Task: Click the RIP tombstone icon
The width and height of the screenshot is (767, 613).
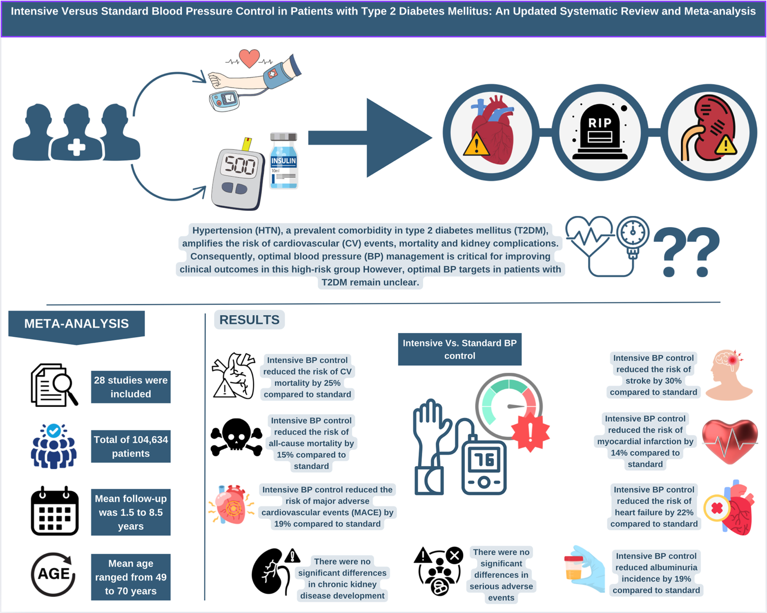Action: tap(600, 132)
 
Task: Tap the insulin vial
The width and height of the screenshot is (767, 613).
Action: tap(283, 161)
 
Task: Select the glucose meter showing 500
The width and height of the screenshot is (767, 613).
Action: tap(238, 178)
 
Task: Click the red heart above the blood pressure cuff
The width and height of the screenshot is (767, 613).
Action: tap(249, 58)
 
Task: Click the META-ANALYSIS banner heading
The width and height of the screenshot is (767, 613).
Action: tap(77, 324)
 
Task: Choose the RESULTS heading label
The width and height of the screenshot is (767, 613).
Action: tap(249, 320)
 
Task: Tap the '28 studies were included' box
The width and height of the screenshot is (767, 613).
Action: tap(131, 387)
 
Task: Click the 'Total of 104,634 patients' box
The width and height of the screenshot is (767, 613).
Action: tap(131, 446)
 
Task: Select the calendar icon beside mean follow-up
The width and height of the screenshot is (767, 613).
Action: tap(55, 511)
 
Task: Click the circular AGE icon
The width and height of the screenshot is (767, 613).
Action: tap(53, 574)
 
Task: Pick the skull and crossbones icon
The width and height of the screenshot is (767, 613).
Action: tap(236, 437)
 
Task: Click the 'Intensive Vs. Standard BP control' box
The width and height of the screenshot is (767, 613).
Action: tap(460, 349)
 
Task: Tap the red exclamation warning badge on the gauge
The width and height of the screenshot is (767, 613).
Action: tap(530, 432)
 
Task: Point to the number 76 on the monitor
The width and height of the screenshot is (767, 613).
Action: tap(484, 460)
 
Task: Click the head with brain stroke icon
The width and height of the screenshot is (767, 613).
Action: tap(729, 374)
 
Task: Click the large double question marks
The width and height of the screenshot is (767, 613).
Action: tap(686, 252)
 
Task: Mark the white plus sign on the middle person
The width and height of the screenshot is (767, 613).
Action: tap(77, 147)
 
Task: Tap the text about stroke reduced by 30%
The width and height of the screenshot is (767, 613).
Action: tap(653, 375)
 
